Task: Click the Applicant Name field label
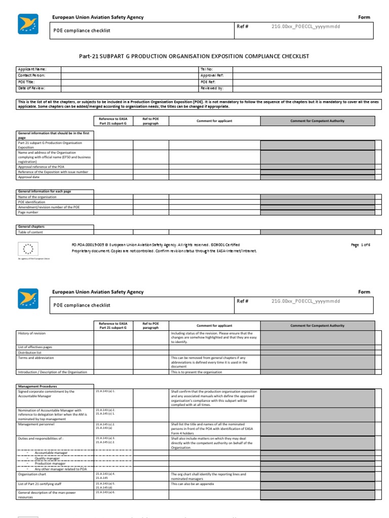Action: tap(32, 69)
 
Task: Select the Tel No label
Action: tap(207, 69)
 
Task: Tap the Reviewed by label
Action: tap(212, 88)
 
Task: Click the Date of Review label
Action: tap(32, 88)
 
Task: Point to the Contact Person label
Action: tap(32, 75)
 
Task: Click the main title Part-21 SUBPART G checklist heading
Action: tap(194, 57)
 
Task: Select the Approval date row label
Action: tap(29, 178)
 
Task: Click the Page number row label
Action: tap(28, 212)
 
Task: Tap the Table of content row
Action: tap(31, 232)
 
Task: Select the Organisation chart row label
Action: tap(32, 474)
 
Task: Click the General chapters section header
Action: tap(31, 227)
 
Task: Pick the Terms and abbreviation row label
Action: tap(36, 358)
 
